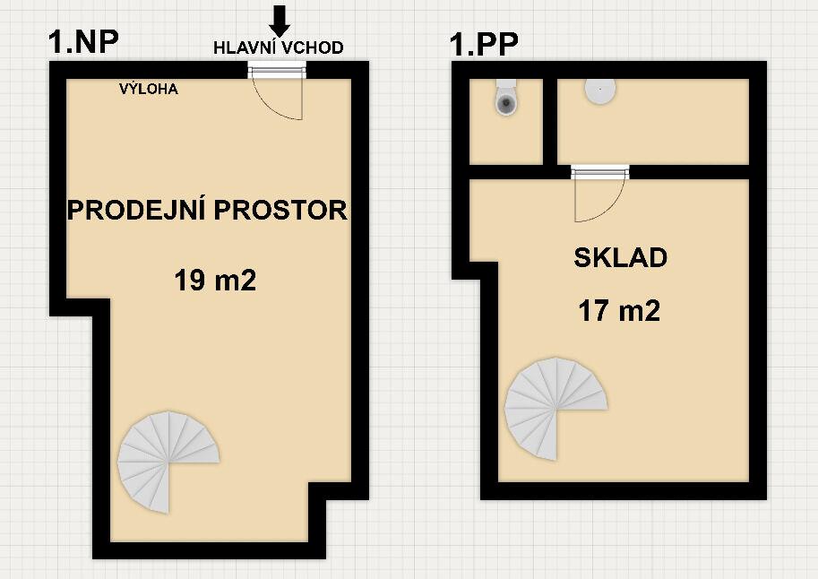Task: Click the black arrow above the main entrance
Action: [280, 21]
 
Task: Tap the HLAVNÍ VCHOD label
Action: [278, 48]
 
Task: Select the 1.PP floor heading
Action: [484, 44]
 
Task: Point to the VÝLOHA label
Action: [149, 89]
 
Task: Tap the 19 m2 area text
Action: [215, 281]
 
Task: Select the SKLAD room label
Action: [620, 258]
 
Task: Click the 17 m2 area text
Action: [619, 311]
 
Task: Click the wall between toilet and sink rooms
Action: [550, 121]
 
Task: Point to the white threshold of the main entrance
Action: [276, 72]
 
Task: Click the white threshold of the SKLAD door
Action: [599, 171]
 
